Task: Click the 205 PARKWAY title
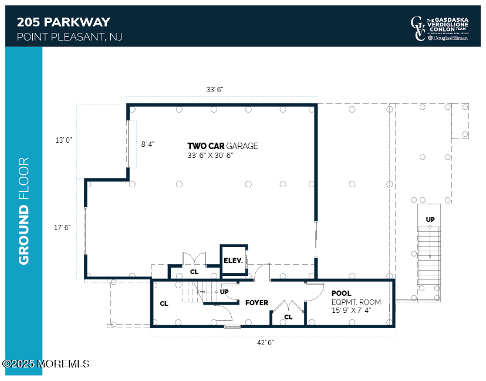[63, 22]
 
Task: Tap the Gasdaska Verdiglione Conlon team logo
[439, 29]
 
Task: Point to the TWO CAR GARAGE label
[222, 146]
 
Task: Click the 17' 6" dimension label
[62, 227]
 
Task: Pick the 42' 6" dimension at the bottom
[265, 342]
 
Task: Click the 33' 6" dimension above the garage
[214, 89]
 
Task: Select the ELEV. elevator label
[233, 260]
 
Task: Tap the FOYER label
[256, 303]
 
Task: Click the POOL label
[341, 294]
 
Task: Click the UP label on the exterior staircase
[430, 219]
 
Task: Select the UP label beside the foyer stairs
[224, 291]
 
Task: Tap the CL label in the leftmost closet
[164, 304]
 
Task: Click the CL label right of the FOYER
[288, 317]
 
